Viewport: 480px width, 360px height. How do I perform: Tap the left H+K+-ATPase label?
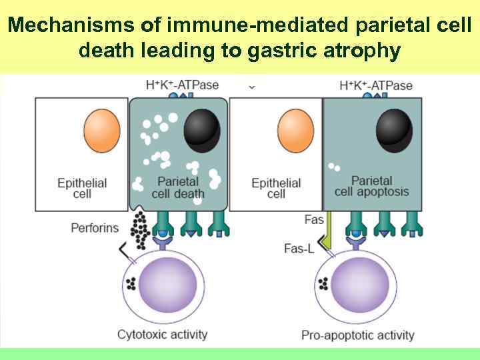tap(182, 85)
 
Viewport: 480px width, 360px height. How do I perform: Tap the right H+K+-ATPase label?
tap(376, 85)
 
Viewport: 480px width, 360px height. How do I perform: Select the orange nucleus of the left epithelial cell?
tap(102, 131)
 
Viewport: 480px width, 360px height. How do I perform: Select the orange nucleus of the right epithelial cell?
tap(295, 131)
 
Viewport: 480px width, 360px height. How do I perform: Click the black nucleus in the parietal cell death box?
tap(202, 129)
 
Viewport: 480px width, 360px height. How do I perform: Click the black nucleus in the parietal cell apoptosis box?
tap(393, 128)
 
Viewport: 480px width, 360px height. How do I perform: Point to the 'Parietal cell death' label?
tap(178, 187)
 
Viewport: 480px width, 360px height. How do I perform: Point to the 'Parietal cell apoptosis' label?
tap(371, 186)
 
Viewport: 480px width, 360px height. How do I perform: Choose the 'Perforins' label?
tap(95, 228)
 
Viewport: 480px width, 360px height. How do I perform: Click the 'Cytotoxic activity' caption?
tap(162, 334)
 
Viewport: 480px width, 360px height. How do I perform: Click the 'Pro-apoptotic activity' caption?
tap(357, 335)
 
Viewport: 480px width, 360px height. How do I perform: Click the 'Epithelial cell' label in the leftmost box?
tap(82, 187)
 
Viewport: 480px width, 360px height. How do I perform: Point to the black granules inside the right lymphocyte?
tap(323, 285)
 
